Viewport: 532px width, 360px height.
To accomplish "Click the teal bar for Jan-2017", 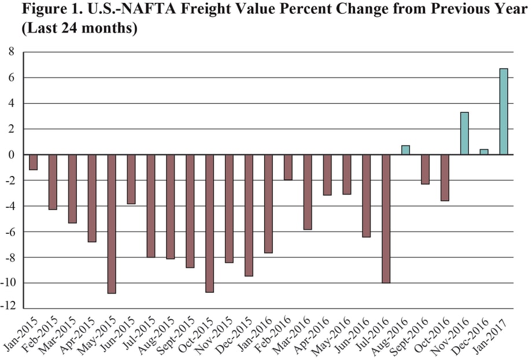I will coord(504,112).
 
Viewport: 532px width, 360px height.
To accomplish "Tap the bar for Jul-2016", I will coord(386,218).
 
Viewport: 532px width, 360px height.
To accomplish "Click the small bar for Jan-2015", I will coord(33,162).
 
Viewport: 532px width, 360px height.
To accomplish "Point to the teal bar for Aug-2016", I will coord(405,150).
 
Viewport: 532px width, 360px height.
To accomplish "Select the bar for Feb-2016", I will coord(288,167).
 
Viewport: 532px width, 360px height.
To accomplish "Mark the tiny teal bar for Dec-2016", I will coord(484,152).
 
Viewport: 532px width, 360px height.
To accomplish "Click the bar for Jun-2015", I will coord(131,179).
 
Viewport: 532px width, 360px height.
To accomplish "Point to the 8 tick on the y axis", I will coord(10,52).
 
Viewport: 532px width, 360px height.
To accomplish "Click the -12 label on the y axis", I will coord(8,308).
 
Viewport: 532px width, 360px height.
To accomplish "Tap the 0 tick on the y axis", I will coord(10,155).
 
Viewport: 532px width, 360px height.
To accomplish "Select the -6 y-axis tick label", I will coord(9,232).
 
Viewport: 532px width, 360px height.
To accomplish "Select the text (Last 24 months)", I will coord(79,29).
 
